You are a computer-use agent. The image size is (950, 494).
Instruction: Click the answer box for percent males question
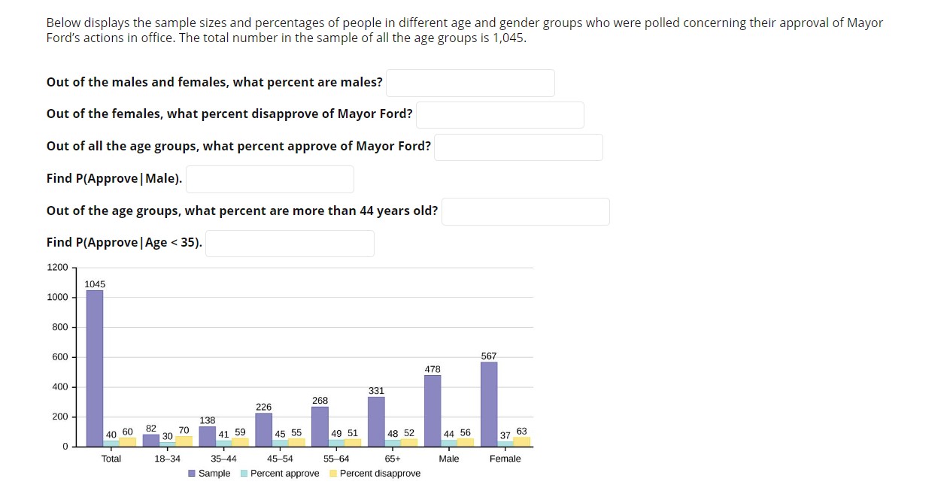tap(470, 83)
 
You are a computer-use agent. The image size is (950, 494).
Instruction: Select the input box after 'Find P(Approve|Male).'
tap(269, 179)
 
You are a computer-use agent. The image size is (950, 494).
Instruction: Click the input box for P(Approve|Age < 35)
tap(290, 243)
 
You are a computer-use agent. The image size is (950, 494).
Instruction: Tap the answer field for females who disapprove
tap(499, 114)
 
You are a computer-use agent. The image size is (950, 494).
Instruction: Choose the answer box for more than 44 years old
tap(525, 211)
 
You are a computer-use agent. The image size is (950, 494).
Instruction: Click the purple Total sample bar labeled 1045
tap(95, 368)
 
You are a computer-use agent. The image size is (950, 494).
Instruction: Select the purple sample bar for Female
tap(489, 405)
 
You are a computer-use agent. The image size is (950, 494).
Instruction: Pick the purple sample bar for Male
tap(433, 411)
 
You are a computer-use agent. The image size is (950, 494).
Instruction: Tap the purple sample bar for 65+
tap(376, 422)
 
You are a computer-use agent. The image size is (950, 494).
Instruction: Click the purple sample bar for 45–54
tap(263, 429)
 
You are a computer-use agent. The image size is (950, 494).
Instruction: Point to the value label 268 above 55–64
tap(320, 401)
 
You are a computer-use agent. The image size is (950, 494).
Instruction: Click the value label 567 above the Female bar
tap(489, 356)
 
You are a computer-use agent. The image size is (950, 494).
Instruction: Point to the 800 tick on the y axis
tap(59, 327)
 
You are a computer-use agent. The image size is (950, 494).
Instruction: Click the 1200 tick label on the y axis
tap(57, 268)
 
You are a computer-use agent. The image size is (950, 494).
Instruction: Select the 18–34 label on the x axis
tap(167, 459)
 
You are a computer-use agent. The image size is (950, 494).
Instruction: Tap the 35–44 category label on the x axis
tap(223, 459)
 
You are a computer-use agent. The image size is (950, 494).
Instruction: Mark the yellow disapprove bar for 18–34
tap(184, 441)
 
